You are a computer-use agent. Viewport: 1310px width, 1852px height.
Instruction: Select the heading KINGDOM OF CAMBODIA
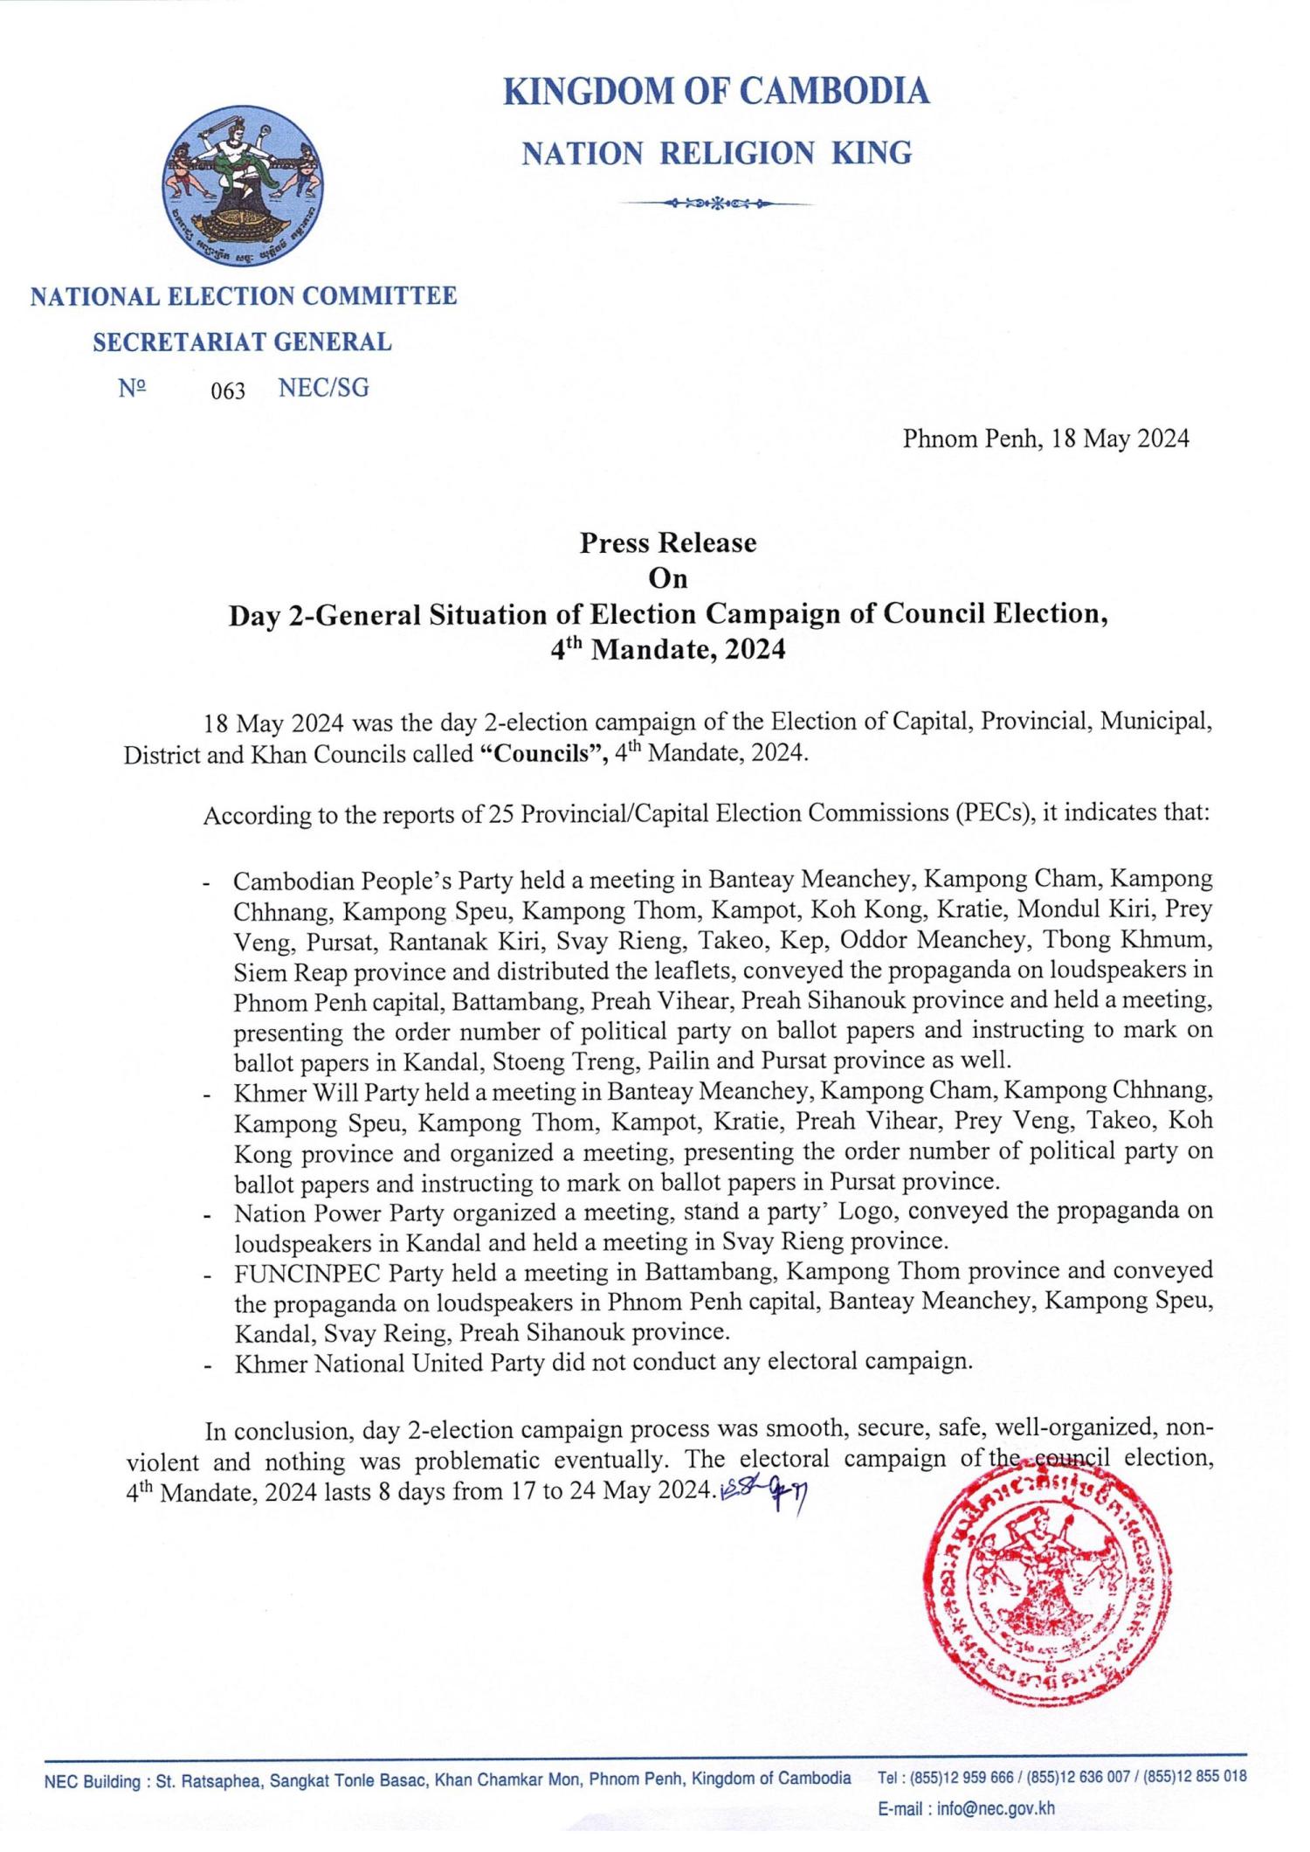(716, 92)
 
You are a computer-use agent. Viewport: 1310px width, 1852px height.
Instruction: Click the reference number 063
(228, 390)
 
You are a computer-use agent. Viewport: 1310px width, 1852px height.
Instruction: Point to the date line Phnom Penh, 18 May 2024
(1045, 439)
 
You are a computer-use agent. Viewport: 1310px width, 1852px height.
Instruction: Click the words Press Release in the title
(668, 542)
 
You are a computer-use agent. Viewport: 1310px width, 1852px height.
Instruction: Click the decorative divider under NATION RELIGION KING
(716, 204)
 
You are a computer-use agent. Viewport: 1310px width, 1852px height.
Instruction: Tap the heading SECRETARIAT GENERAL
(243, 342)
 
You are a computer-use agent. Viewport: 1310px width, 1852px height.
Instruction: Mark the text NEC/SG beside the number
(323, 389)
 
